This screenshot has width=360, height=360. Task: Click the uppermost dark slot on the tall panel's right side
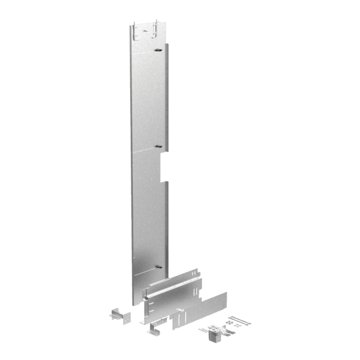157,49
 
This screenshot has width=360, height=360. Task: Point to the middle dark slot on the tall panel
157,148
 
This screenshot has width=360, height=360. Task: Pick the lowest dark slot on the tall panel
157,265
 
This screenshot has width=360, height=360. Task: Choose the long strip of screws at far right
242,319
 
